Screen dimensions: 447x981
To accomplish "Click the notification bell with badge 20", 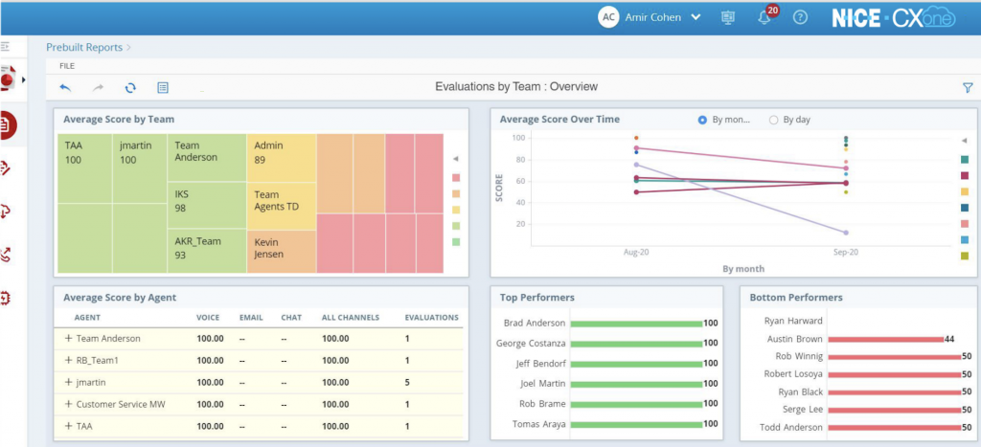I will click(x=764, y=18).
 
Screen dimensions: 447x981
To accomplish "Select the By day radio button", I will click(x=774, y=120).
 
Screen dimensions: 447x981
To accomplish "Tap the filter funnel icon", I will click(x=967, y=87).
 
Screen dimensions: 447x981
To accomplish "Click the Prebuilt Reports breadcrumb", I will click(x=84, y=47).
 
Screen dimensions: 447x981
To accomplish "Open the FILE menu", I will click(x=67, y=66).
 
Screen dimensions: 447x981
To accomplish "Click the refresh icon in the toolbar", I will click(x=130, y=87).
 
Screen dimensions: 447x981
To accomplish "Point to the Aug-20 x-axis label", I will click(x=636, y=252).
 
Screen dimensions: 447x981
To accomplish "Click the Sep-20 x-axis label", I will click(x=844, y=252).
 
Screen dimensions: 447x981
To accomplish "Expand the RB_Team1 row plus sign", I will click(x=69, y=360).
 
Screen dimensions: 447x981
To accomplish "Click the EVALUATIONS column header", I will click(x=431, y=318).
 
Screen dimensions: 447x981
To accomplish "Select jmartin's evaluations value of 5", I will click(x=407, y=382).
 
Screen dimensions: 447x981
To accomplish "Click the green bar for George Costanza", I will click(x=638, y=344).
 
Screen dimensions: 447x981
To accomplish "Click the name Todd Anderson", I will click(x=790, y=427).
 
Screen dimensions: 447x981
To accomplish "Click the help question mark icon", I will click(x=800, y=18).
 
